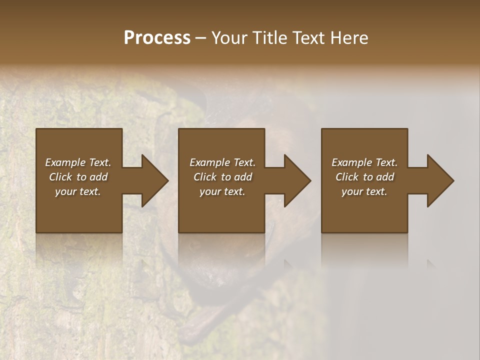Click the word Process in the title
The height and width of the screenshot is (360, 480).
coord(157,38)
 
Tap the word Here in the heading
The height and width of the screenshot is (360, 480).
coord(349,38)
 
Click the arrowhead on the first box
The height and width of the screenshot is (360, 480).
coord(155,180)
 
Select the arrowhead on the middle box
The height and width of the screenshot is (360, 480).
coord(297,180)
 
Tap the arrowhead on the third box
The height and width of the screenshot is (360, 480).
coord(440,180)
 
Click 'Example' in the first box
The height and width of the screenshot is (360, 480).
coord(65,162)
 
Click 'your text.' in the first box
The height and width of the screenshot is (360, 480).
coord(78,191)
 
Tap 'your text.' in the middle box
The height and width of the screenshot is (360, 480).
coord(222,191)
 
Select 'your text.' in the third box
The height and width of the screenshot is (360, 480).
coord(364,191)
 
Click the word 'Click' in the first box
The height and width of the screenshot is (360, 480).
coord(60,177)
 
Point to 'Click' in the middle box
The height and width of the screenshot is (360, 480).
coord(204,177)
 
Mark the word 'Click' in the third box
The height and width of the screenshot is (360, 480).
coord(346,177)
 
